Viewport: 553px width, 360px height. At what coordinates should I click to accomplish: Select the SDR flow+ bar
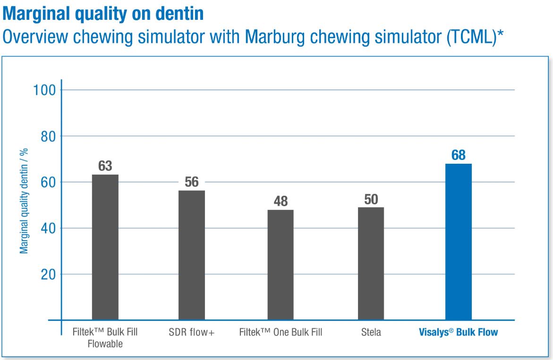coord(191,255)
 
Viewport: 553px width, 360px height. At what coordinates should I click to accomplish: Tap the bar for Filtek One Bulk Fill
coord(280,265)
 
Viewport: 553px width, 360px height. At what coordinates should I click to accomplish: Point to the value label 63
coord(105,166)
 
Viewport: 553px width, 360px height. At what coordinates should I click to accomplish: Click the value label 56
coord(191,182)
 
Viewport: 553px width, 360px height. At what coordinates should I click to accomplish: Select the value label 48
coord(280,201)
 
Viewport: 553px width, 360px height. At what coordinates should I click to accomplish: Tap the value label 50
coord(371,199)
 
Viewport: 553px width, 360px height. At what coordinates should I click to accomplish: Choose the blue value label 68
coord(458,155)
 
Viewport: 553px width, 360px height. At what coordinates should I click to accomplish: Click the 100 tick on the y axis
coord(44,90)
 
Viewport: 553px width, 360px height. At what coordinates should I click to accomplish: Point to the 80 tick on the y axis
coord(48,136)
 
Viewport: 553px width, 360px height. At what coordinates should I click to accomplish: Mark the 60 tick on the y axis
coord(48,182)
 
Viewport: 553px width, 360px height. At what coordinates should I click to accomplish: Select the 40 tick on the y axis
coord(48,228)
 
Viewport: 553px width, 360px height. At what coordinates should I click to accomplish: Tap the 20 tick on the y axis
coord(48,274)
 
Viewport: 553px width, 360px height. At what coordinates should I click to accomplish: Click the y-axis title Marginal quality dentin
coord(24,201)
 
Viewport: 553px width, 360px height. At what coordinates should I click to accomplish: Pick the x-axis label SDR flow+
coord(191,333)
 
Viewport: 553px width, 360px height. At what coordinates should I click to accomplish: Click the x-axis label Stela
coord(371,333)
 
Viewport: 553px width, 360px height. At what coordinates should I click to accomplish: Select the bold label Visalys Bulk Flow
coord(458,333)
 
